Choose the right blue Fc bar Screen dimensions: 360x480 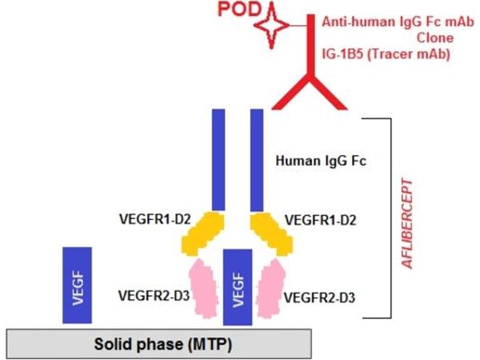pyautogui.click(x=257, y=160)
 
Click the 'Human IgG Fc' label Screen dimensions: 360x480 pyautogui.click(x=320, y=161)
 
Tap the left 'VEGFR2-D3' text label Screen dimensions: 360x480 pyautogui.click(x=154, y=295)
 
